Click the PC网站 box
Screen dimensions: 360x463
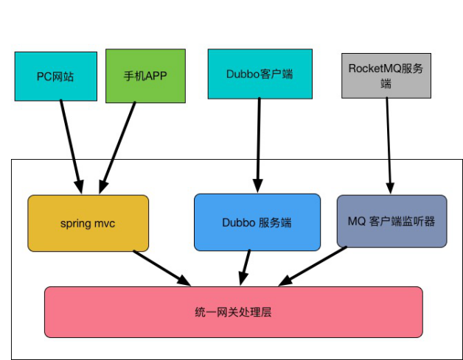point(55,76)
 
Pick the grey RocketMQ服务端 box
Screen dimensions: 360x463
point(386,75)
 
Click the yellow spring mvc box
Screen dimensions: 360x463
point(88,223)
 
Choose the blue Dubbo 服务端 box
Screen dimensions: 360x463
point(257,222)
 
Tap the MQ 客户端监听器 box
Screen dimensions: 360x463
point(391,221)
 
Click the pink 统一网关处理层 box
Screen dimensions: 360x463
point(233,312)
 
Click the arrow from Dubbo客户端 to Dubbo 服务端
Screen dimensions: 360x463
point(258,144)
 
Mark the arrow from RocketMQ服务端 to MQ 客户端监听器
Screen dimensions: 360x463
point(387,144)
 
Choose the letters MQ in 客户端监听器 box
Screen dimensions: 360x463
point(357,221)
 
